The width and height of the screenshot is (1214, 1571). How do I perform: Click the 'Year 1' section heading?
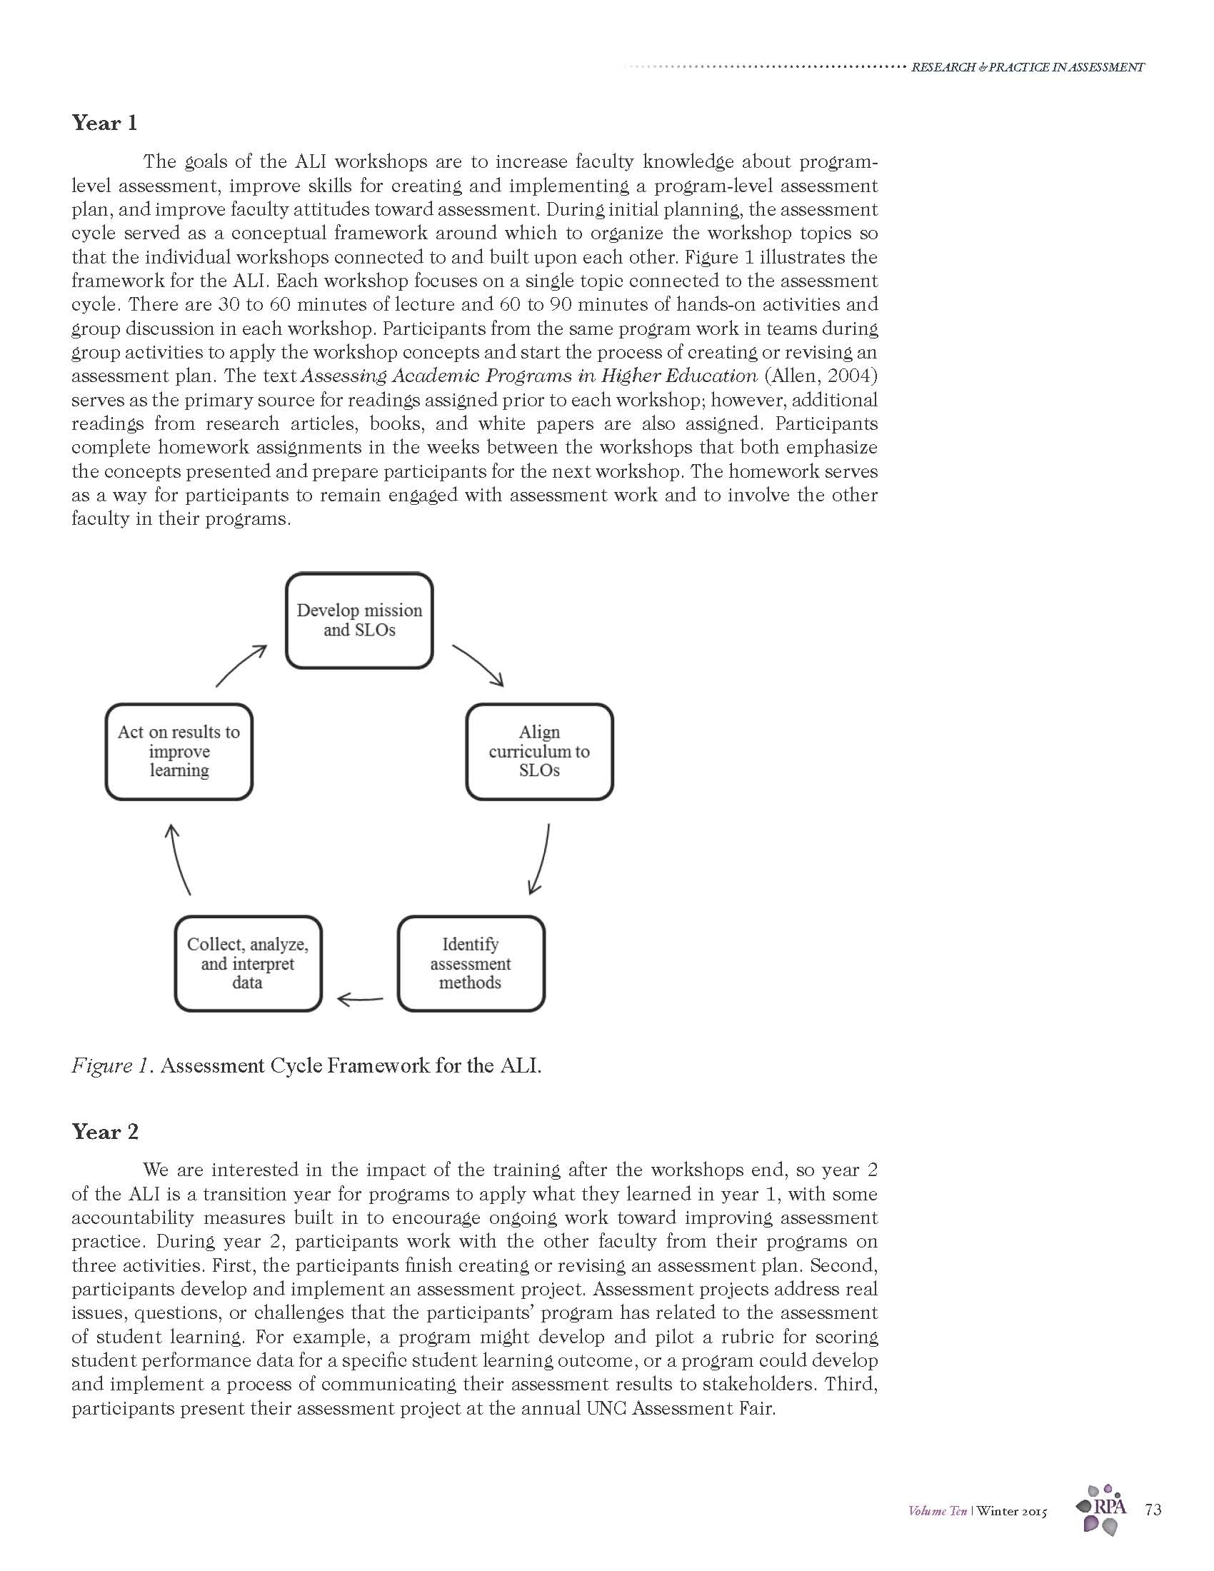click(104, 123)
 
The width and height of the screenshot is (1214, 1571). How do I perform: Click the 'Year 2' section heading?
click(105, 1132)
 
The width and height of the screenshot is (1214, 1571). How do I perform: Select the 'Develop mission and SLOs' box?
click(359, 620)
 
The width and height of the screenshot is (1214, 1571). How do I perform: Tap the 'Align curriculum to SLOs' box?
click(539, 751)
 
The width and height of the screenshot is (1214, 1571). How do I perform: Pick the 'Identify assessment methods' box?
click(471, 963)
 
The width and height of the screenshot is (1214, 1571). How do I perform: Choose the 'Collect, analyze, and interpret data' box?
click(247, 963)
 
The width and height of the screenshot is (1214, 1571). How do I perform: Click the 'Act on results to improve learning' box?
click(179, 751)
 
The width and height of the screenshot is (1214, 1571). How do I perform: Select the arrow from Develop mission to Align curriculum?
click(478, 665)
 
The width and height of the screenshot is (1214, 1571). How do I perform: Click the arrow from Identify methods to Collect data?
click(360, 999)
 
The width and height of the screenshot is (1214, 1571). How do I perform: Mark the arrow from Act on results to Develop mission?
click(241, 665)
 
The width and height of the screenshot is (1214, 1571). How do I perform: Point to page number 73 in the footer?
click(1152, 1510)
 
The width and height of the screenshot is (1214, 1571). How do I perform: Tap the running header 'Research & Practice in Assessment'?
click(1027, 68)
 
